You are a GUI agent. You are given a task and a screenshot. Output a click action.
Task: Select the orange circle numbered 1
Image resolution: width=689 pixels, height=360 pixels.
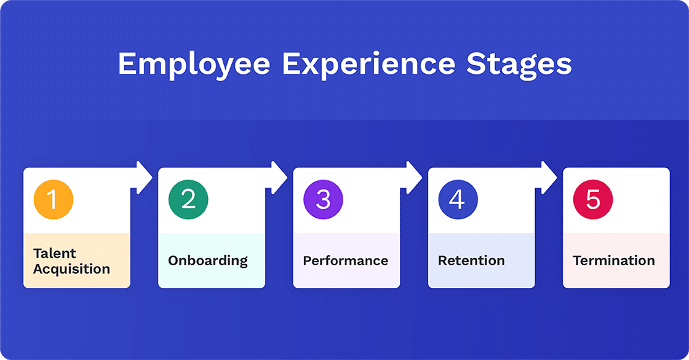(x=54, y=199)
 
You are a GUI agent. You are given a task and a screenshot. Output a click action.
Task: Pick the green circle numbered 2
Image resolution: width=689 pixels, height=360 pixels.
(x=188, y=199)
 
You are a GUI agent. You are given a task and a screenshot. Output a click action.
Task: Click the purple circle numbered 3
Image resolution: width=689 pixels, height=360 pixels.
(x=323, y=199)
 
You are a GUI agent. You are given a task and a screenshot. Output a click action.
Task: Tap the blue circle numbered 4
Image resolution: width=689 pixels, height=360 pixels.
(x=458, y=199)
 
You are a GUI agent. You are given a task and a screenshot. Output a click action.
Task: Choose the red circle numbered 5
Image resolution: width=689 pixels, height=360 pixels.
(x=592, y=199)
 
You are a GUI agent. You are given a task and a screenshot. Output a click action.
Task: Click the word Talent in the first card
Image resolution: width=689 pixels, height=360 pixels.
(x=55, y=253)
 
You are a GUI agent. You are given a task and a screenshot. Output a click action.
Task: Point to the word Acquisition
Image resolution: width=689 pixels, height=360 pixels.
(x=71, y=269)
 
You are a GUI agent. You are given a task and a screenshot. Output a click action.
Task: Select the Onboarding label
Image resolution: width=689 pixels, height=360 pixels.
(x=208, y=260)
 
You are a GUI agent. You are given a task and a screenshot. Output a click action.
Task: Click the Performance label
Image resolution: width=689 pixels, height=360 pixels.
(x=345, y=260)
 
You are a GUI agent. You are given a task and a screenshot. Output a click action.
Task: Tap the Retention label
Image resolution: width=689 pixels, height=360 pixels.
(x=471, y=260)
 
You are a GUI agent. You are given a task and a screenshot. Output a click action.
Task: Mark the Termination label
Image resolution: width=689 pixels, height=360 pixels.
(x=613, y=260)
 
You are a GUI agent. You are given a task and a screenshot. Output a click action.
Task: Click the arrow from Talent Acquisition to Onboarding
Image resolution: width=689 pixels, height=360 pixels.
(x=143, y=178)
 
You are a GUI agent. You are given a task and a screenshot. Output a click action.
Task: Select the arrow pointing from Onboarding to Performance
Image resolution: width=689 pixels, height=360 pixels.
(x=278, y=178)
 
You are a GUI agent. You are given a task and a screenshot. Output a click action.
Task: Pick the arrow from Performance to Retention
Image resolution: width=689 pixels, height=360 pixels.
(x=413, y=178)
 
